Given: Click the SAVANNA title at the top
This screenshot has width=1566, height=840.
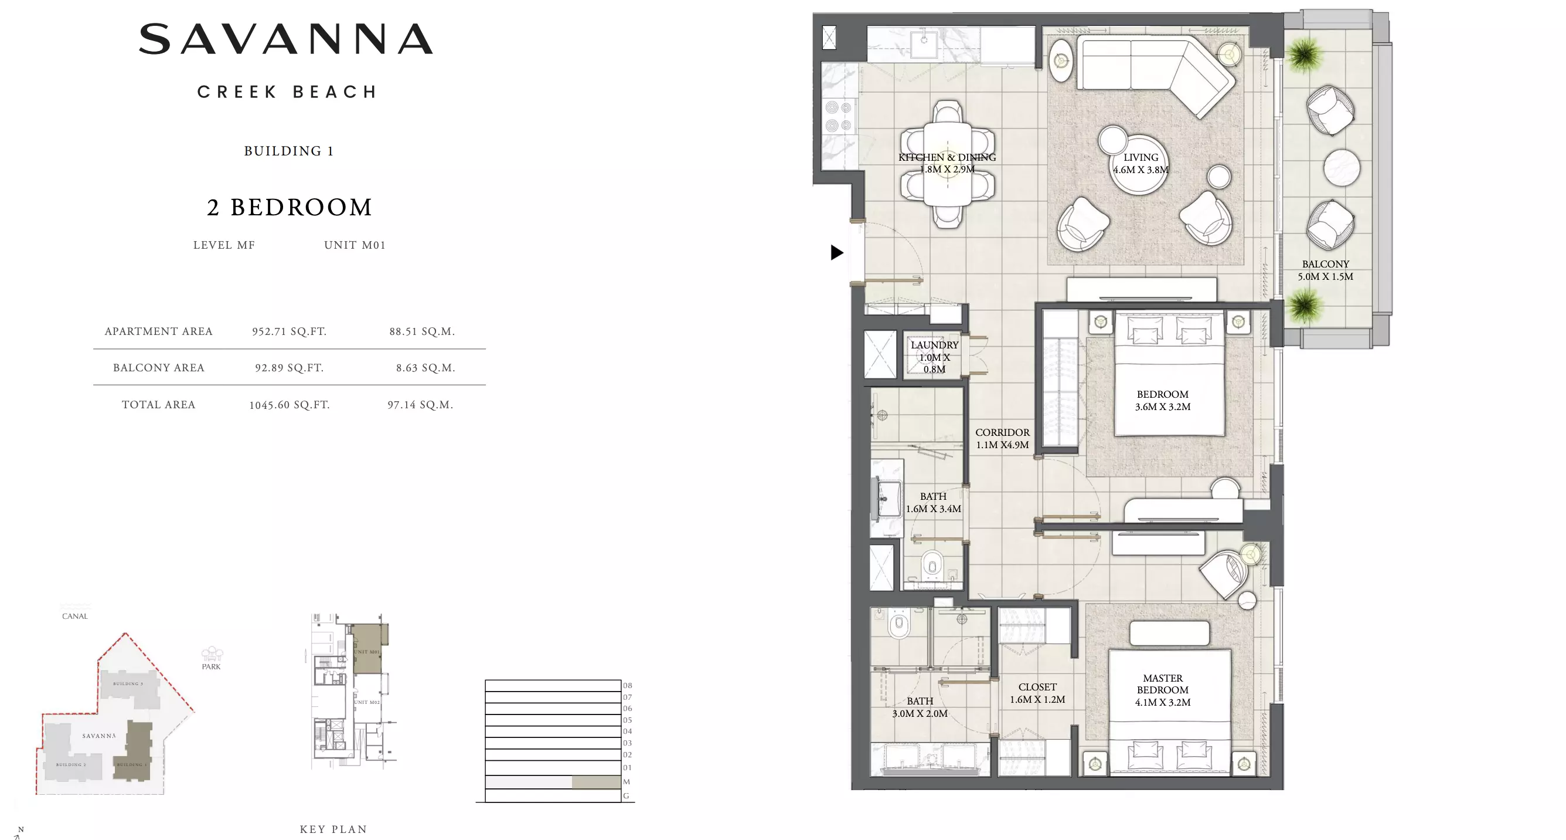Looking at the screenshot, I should (286, 39).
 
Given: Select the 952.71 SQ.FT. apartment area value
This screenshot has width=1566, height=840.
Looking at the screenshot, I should (290, 331).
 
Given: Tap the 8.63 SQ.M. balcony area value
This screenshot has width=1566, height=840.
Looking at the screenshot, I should (425, 368).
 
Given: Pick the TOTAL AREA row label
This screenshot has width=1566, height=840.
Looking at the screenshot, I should (158, 405).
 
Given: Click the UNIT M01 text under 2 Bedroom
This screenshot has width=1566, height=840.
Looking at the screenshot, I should (355, 245).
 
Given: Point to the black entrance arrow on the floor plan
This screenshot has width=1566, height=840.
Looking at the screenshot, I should (836, 252).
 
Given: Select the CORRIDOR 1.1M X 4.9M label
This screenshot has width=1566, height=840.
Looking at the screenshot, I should (1002, 439).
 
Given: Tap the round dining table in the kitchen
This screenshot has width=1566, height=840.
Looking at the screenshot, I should (947, 164).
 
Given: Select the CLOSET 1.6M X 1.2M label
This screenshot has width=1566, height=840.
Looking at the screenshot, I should (1037, 693).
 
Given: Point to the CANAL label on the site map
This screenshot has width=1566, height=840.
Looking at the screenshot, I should (75, 616).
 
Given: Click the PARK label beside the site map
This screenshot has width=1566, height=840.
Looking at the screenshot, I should (211, 666).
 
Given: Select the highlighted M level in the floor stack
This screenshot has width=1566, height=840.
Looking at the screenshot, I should (596, 782).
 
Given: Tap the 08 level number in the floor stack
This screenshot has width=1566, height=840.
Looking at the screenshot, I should (627, 686).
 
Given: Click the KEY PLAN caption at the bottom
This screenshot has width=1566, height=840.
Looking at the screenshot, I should (333, 829).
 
